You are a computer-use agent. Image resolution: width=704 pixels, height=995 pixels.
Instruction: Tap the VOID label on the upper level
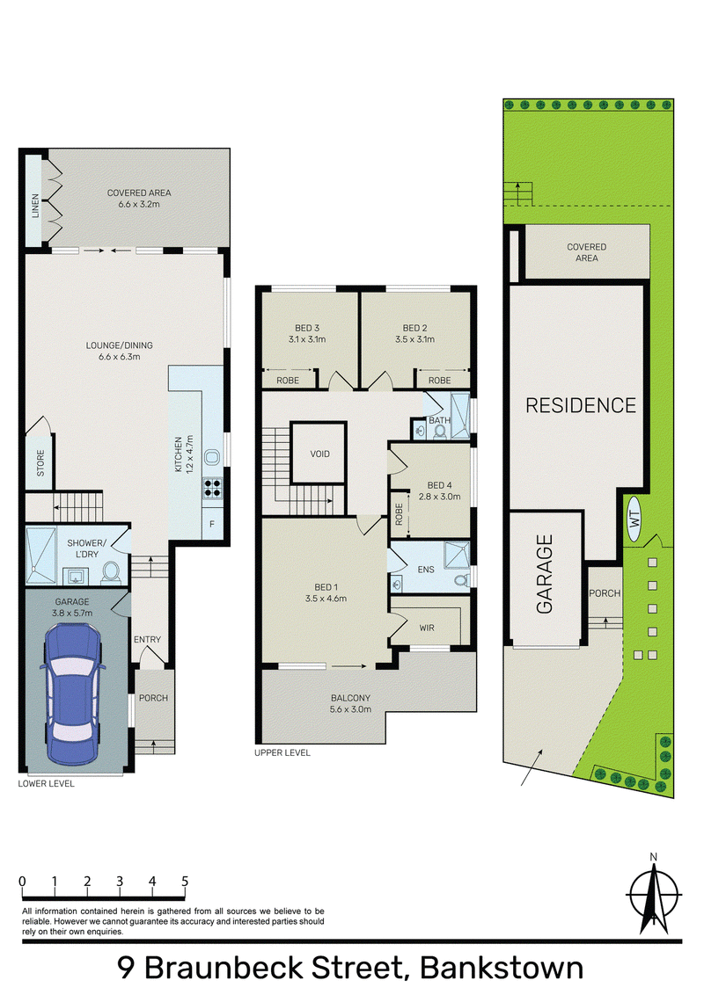(x=319, y=454)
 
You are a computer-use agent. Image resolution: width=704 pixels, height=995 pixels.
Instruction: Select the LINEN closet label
(x=35, y=206)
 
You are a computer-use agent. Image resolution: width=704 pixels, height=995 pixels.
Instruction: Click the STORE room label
(x=40, y=463)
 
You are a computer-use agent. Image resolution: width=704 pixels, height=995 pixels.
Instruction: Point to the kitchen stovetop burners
(x=212, y=487)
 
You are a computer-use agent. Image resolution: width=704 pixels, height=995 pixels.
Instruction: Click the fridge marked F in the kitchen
(x=212, y=524)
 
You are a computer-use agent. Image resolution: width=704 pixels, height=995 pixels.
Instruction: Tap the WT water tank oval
(x=634, y=519)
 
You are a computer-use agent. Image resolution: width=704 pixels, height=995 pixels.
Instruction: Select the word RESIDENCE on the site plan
(x=581, y=405)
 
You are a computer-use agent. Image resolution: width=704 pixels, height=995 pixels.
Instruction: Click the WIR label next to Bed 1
(x=427, y=628)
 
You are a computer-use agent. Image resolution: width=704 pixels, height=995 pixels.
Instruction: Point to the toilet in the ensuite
(x=461, y=580)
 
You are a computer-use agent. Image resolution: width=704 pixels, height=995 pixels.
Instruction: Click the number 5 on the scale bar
(x=185, y=881)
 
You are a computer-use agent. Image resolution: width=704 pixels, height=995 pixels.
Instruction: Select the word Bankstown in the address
(x=502, y=968)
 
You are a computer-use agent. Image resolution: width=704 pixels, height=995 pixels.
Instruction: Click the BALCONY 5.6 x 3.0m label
(x=351, y=703)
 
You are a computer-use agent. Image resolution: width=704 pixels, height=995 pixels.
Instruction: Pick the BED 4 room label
(x=440, y=485)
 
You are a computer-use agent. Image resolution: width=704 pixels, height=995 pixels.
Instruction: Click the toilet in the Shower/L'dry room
(x=111, y=571)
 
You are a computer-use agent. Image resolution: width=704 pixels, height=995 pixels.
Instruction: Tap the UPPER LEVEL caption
(x=282, y=752)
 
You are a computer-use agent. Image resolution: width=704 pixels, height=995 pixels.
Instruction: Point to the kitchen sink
(x=212, y=457)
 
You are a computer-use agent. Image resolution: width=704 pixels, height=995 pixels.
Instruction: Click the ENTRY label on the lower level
(x=148, y=640)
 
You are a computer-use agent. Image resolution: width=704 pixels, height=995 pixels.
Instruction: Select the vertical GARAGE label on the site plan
(x=545, y=574)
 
